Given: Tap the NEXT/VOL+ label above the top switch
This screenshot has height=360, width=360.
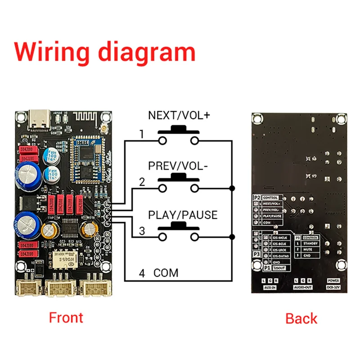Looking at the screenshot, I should pos(179,115).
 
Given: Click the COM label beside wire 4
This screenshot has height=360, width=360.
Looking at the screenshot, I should pos(166,273).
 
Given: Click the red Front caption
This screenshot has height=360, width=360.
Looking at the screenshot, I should pos(66,318).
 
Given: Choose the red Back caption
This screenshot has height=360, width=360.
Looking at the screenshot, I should pos(301,319).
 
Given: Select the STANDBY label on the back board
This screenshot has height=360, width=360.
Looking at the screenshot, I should pos(310,243).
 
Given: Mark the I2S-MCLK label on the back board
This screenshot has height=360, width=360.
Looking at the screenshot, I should pos(279,237).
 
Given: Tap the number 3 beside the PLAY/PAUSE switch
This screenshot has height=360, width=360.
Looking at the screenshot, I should pos(142,232).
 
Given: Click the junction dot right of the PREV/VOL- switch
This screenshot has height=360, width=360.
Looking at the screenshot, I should pos(231,187).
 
